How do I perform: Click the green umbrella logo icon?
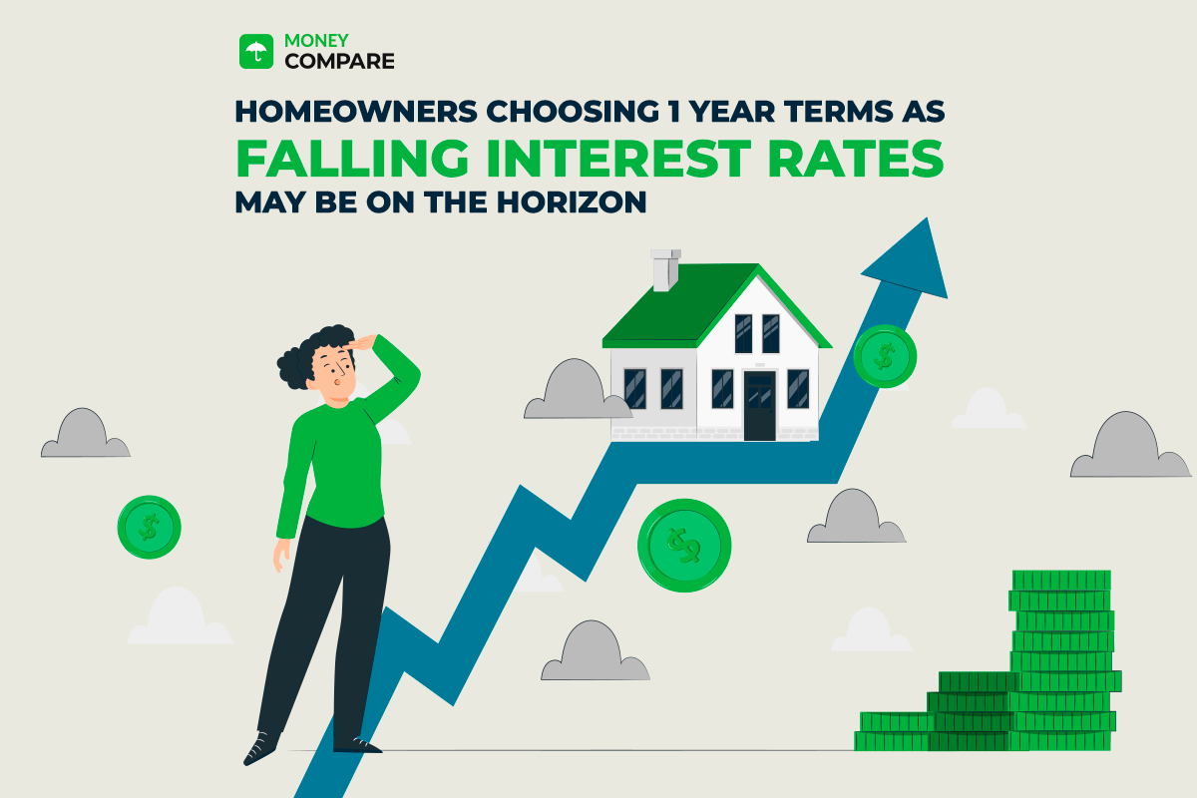256,52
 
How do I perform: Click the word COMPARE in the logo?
340,62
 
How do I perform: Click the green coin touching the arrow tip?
884,355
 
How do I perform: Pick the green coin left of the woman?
149,526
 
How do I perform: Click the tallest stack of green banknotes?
1062,658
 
